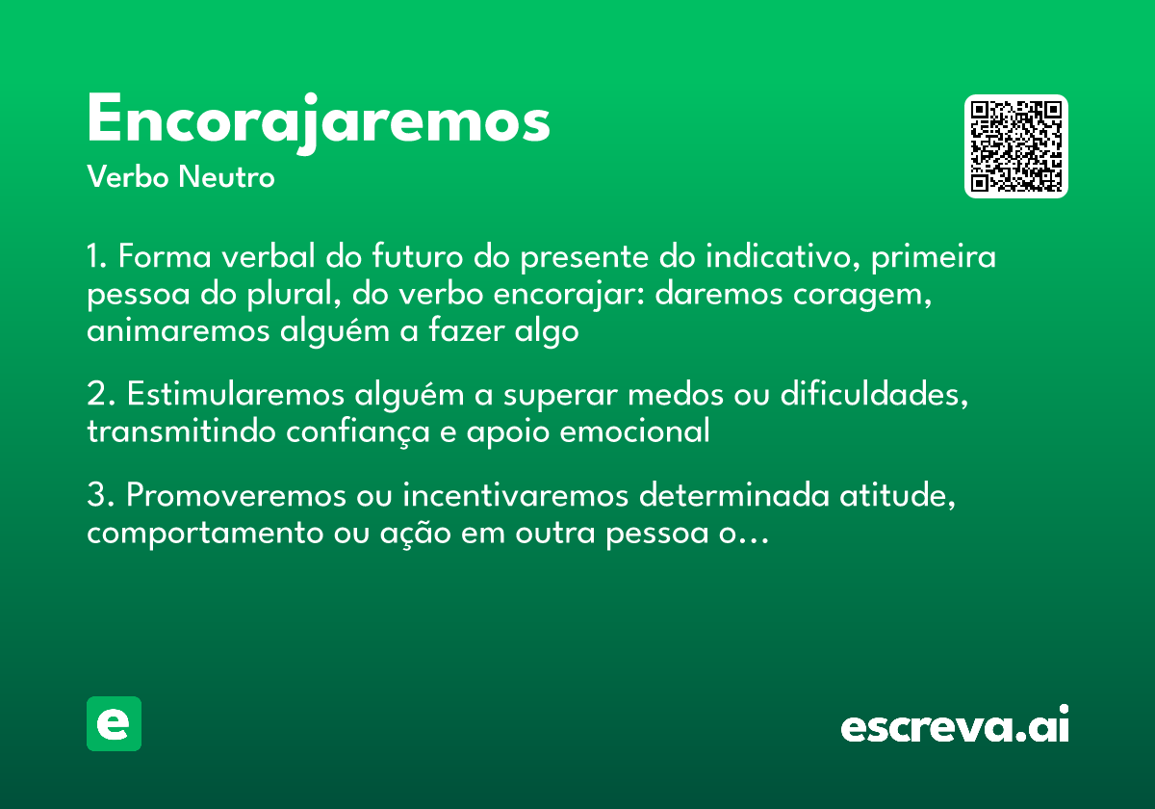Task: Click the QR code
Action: [1016, 146]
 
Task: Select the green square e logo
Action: [114, 723]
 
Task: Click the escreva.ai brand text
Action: [955, 727]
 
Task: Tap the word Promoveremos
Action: [232, 497]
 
